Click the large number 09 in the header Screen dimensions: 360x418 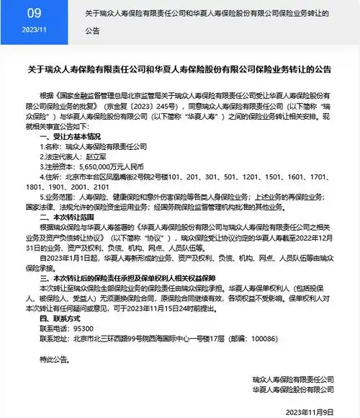34,13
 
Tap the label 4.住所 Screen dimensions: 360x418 53,175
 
